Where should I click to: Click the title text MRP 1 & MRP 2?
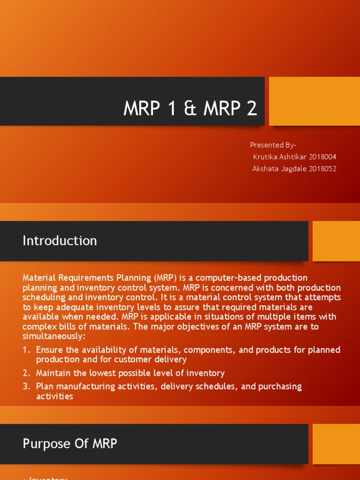190,109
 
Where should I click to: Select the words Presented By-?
273,145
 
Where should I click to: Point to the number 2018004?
322,157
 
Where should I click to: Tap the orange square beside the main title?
314,101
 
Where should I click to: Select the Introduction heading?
60,241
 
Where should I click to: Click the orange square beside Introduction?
336,241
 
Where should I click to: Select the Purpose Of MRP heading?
70,444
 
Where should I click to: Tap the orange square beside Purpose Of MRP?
336,444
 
